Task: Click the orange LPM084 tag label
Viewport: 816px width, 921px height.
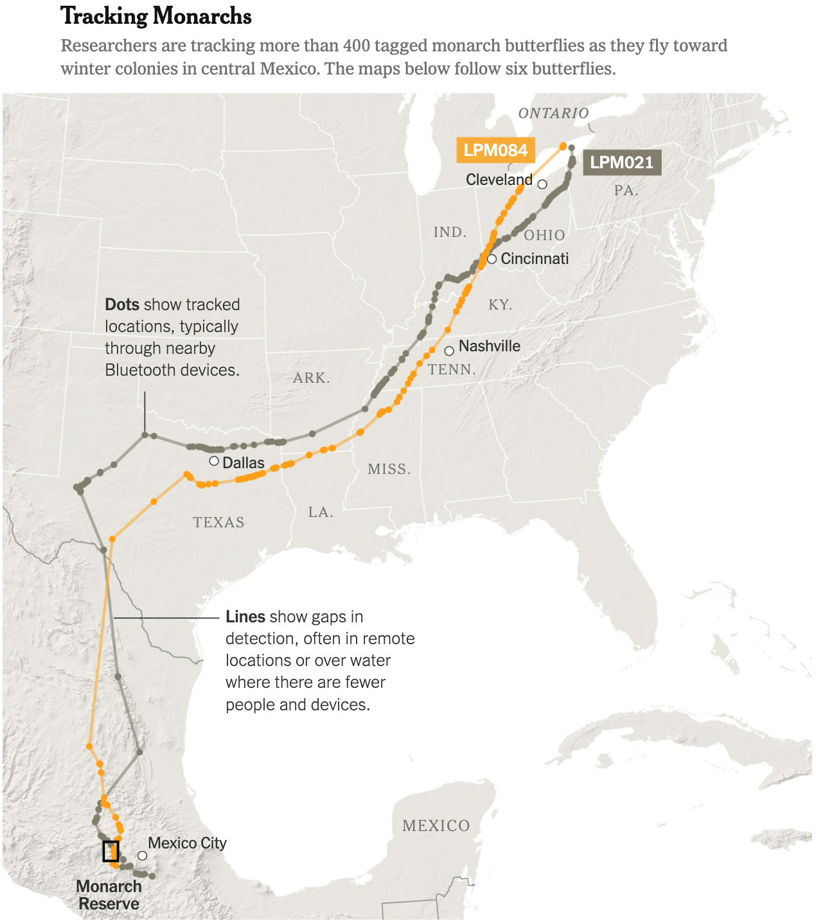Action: pyautogui.click(x=495, y=150)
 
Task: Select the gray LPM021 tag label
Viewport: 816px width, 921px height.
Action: pyautogui.click(x=621, y=162)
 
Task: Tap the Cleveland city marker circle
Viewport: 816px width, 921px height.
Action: pyautogui.click(x=542, y=184)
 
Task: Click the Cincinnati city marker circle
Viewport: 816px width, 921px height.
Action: pyautogui.click(x=492, y=259)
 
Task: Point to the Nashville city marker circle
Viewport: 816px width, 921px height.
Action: pyautogui.click(x=449, y=351)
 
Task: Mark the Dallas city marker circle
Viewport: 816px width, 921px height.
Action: pyautogui.click(x=214, y=460)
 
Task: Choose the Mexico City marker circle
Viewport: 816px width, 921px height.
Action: pyautogui.click(x=143, y=855)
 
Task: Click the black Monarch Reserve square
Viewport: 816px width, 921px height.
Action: pyautogui.click(x=111, y=851)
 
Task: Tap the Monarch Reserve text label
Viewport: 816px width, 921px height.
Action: pyautogui.click(x=109, y=895)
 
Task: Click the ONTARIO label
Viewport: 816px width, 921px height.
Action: pyautogui.click(x=553, y=114)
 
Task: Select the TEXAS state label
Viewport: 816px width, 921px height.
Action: pyautogui.click(x=218, y=522)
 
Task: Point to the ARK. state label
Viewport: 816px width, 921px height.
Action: pyautogui.click(x=312, y=378)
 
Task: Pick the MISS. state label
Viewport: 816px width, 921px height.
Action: pyautogui.click(x=389, y=469)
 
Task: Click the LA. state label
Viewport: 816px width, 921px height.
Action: pyautogui.click(x=321, y=512)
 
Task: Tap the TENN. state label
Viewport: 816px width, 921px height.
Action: pyautogui.click(x=452, y=369)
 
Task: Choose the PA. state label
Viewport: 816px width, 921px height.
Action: pyautogui.click(x=626, y=190)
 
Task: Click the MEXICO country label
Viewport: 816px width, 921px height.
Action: pyautogui.click(x=436, y=825)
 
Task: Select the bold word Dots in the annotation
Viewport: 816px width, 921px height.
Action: pyautogui.click(x=122, y=304)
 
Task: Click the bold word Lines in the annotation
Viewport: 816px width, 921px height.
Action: pyautogui.click(x=245, y=617)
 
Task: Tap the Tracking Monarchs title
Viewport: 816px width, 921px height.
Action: pyautogui.click(x=156, y=16)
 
